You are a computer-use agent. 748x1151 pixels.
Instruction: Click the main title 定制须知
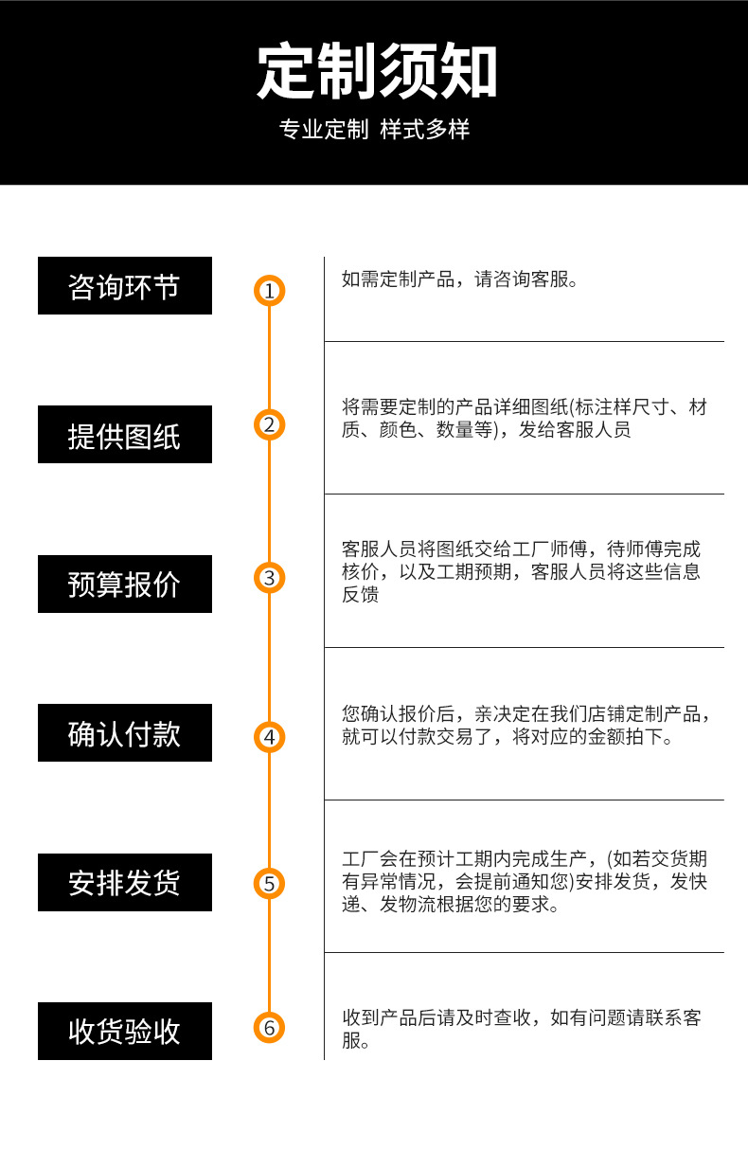[x=377, y=72]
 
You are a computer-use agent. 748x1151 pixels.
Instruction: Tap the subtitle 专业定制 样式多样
[x=374, y=130]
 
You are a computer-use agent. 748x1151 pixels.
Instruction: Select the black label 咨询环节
[x=125, y=286]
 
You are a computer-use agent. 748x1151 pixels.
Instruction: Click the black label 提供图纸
[x=125, y=435]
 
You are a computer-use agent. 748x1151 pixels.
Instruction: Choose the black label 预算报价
[x=125, y=584]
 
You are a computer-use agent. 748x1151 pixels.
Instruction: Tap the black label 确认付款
[x=125, y=733]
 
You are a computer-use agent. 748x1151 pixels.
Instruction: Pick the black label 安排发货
[x=125, y=883]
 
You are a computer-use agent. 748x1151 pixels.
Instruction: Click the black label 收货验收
[x=125, y=1032]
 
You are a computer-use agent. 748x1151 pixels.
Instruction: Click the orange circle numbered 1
[x=269, y=291]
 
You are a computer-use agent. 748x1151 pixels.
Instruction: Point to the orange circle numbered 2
[x=269, y=424]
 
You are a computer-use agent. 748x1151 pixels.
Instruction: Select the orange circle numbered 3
[x=269, y=578]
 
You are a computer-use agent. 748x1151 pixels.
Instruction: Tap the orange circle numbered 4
[x=269, y=736]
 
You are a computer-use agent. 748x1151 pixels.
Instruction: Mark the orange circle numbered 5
[x=269, y=884]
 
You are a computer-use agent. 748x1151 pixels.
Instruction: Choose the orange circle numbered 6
[x=269, y=1027]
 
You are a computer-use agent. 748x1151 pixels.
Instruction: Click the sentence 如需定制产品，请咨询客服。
[x=459, y=279]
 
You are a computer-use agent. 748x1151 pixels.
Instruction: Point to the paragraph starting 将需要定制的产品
[x=524, y=419]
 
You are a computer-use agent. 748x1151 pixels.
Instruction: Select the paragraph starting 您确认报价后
[x=525, y=726]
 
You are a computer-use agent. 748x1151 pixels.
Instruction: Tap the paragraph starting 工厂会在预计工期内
[x=524, y=882]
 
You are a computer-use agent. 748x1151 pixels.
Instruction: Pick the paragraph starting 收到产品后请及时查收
[x=521, y=1029]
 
